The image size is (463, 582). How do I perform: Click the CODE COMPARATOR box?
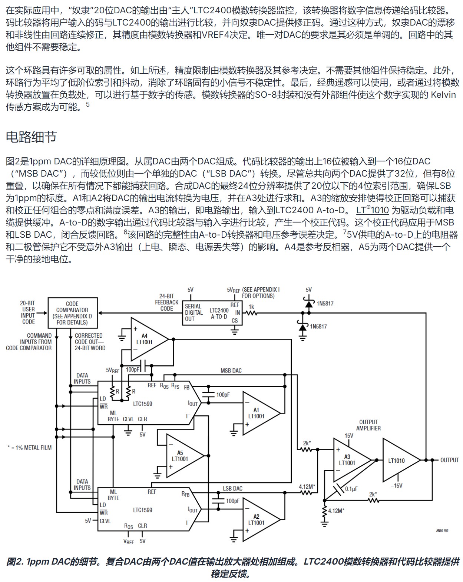point(72,313)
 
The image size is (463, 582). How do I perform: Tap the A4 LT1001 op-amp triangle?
point(145,339)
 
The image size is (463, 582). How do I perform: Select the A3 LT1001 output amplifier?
point(348,460)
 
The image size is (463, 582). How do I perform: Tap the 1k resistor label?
point(251,307)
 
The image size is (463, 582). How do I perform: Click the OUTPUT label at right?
point(449,460)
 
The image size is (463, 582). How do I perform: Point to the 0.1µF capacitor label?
point(351,489)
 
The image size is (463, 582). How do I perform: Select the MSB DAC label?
point(231,371)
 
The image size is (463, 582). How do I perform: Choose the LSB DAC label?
point(232,488)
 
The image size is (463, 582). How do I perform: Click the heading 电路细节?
point(32,137)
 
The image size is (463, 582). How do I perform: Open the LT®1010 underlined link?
point(372,210)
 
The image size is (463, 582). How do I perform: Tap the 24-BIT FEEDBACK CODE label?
point(166,302)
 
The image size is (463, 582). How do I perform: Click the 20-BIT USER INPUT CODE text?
point(28,312)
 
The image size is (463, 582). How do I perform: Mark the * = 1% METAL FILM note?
point(30,448)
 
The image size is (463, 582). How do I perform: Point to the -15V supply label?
point(396,485)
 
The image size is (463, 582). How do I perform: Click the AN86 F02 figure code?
point(442,531)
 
